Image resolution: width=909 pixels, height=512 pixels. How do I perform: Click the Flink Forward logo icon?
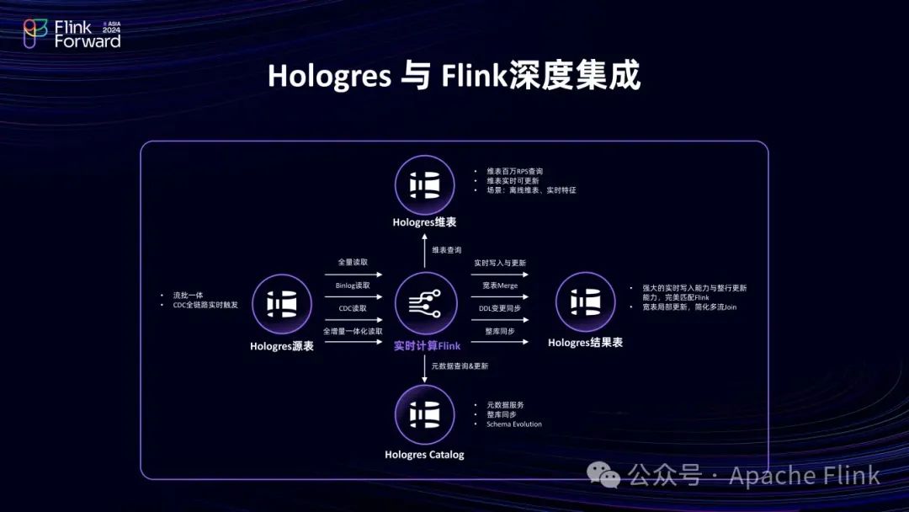tap(35, 34)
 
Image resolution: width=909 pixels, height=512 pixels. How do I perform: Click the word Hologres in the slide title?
tap(329, 76)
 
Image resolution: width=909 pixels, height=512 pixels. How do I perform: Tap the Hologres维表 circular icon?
tap(424, 185)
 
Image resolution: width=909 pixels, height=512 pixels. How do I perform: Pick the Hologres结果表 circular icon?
tap(585, 301)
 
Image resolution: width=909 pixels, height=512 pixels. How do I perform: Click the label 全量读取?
tap(352, 263)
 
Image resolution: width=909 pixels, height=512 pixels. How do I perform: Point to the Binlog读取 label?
tap(352, 285)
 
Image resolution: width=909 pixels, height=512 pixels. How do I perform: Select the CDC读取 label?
tap(352, 308)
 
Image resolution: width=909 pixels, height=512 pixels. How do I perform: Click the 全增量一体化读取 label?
tap(352, 331)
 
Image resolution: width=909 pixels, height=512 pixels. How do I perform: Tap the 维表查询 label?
tap(447, 250)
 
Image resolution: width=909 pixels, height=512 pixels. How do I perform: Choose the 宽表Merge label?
tap(501, 285)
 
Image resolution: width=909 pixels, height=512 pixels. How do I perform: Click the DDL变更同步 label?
tap(501, 308)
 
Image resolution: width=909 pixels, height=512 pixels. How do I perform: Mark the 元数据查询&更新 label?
tap(460, 366)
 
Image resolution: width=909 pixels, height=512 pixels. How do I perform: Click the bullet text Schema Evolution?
tap(514, 424)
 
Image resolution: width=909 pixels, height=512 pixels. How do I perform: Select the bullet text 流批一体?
tap(189, 296)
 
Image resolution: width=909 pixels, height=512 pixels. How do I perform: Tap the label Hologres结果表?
tap(585, 343)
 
